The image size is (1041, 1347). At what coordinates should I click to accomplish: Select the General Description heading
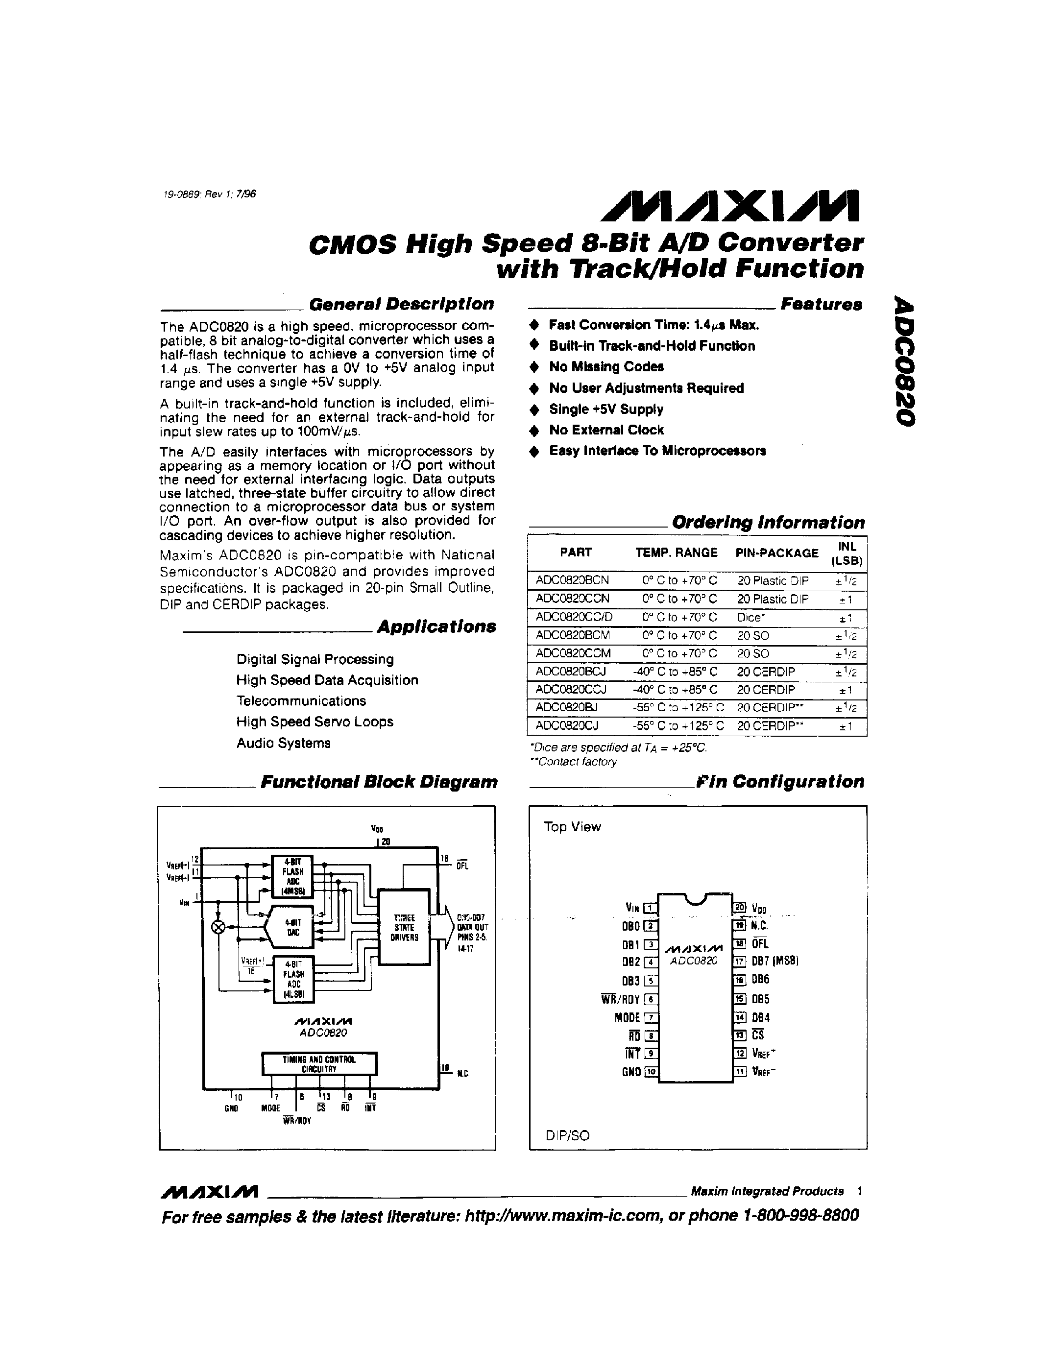pyautogui.click(x=401, y=304)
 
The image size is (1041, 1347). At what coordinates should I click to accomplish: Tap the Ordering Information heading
pyautogui.click(x=768, y=523)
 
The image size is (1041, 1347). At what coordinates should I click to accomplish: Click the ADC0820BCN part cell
pyautogui.click(x=572, y=581)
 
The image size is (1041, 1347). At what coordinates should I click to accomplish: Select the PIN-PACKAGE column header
pyautogui.click(x=776, y=553)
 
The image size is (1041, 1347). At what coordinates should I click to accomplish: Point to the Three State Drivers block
pyautogui.click(x=405, y=927)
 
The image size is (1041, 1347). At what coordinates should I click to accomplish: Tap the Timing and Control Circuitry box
pyautogui.click(x=319, y=1063)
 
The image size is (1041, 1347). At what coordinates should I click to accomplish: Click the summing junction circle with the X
pyautogui.click(x=218, y=927)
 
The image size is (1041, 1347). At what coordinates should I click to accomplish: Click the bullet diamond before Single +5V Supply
pyautogui.click(x=534, y=409)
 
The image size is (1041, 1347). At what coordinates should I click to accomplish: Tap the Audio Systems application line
pyautogui.click(x=283, y=743)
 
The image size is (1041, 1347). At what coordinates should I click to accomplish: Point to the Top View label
pyautogui.click(x=572, y=827)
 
